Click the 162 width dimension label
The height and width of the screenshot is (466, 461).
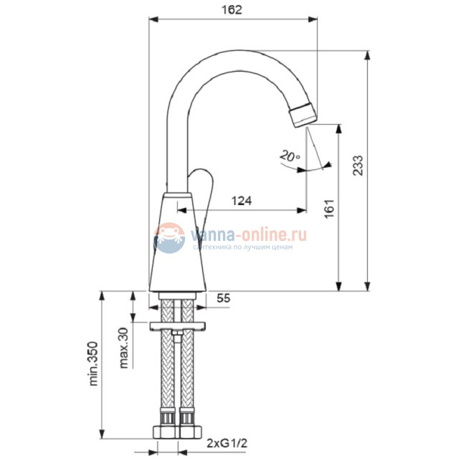coord(232,10)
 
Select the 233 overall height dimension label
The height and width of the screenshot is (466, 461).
coord(358,166)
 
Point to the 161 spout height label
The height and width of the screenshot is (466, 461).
coord(329,209)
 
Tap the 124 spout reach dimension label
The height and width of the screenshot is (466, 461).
coord(242,201)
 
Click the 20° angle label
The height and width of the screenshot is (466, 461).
coord(290,156)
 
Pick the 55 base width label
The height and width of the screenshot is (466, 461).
coord(223,298)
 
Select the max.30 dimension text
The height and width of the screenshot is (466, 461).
coord(123,348)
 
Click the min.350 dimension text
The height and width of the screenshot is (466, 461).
coord(93,363)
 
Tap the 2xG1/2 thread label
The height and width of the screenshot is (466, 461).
coord(227,443)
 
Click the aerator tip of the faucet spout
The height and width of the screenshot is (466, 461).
coord(303,115)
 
